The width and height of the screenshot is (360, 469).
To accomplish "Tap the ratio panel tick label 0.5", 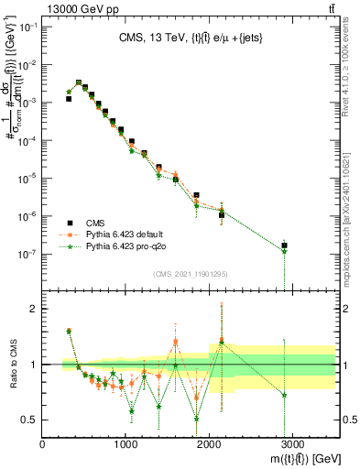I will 31,420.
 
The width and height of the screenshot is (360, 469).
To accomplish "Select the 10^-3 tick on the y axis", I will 29,103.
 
